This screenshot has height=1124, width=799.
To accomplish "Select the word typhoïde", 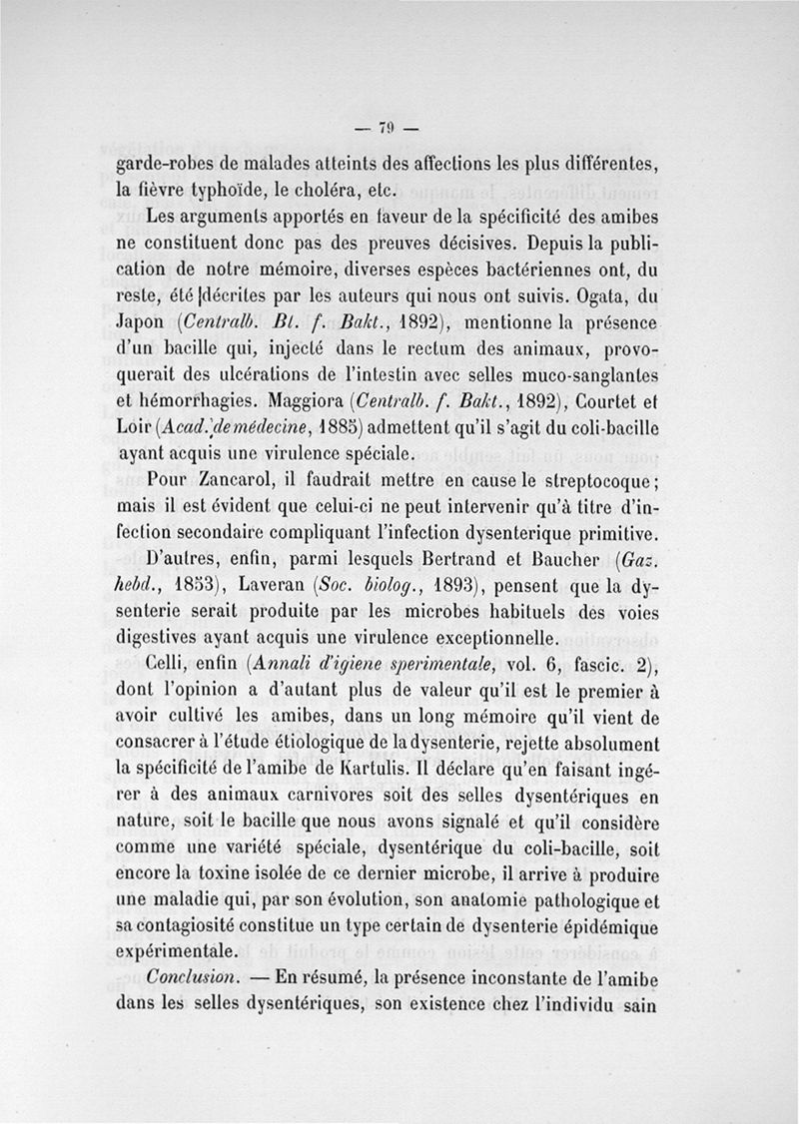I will click(x=234, y=190).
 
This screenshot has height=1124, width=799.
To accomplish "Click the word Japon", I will click(x=144, y=323).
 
